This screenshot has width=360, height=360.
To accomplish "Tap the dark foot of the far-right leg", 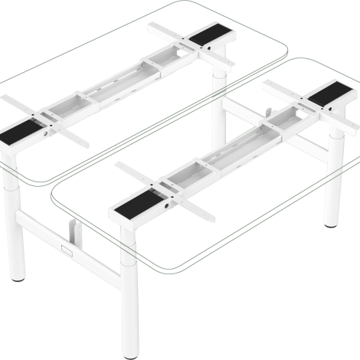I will (331, 223).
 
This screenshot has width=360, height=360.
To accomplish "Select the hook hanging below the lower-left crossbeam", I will (74, 229).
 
